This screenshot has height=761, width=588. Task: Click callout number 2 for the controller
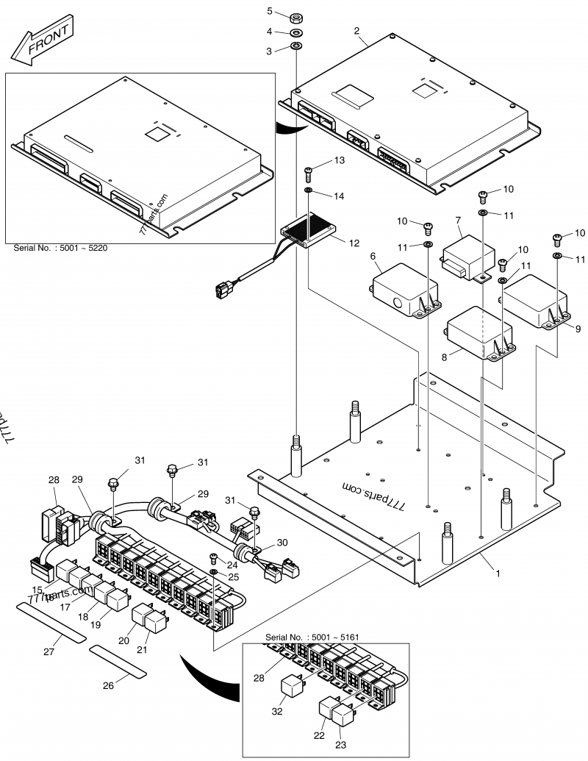click(356, 30)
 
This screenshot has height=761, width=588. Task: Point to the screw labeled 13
click(309, 172)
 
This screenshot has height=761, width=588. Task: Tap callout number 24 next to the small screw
click(233, 565)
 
